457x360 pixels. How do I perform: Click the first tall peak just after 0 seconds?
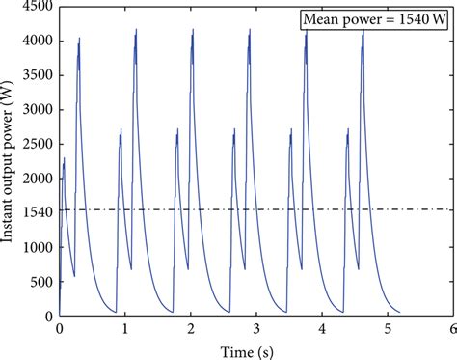pos(79,40)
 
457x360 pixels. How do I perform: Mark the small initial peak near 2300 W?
pos(65,158)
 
